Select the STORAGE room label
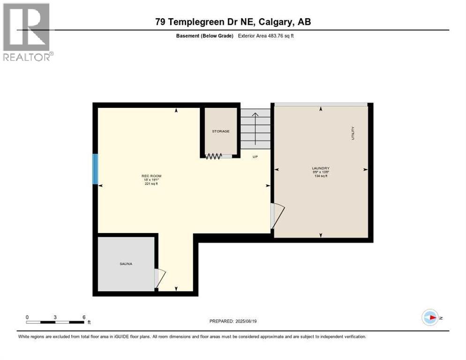pyautogui.click(x=220, y=131)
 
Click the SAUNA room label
pyautogui.click(x=125, y=264)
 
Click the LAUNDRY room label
pyautogui.click(x=321, y=168)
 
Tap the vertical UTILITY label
pyautogui.click(x=353, y=134)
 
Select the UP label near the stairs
pyautogui.click(x=255, y=157)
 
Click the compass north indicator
pyautogui.click(x=430, y=318)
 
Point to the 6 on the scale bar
pyautogui.click(x=84, y=317)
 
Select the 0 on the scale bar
pyautogui.click(x=27, y=317)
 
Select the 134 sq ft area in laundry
pyautogui.click(x=321, y=176)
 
